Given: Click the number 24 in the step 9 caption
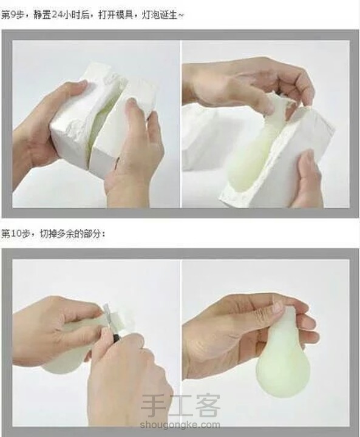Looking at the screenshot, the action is coord(58,15).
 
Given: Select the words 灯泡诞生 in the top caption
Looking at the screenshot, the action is coord(160,15).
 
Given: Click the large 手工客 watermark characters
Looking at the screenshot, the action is coord(180,405).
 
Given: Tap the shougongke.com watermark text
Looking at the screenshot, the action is coord(180,425).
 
